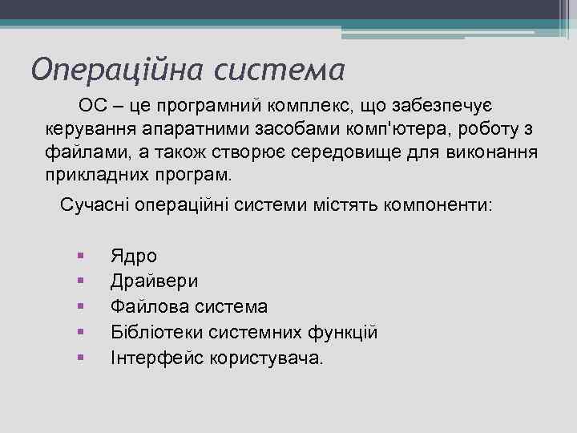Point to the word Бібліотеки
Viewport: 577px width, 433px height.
[x=154, y=332]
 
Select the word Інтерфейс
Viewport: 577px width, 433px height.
[x=156, y=358]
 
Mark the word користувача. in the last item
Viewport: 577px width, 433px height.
[x=265, y=358]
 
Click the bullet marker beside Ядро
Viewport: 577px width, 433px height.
[x=81, y=256]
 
